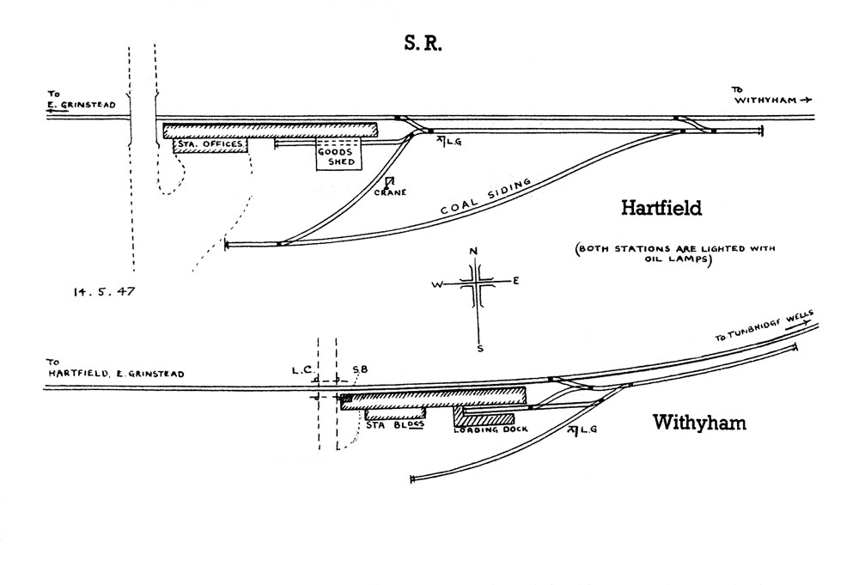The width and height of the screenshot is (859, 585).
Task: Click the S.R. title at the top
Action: coord(423,45)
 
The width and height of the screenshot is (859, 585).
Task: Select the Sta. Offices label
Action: coord(210,144)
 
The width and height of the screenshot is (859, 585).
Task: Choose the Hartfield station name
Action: coord(661,208)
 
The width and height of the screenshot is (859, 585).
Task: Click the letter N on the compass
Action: coord(473,251)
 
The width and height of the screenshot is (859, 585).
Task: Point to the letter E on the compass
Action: coord(515,281)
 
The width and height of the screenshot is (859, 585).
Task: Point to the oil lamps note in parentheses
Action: coord(675,255)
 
